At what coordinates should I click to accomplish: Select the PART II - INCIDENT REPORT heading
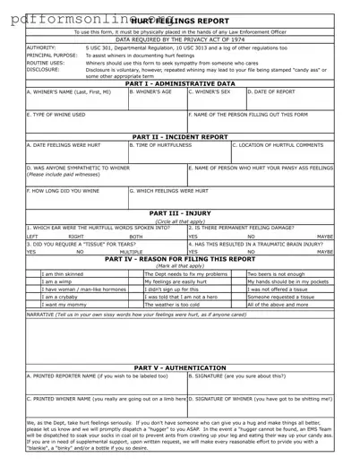180,135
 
